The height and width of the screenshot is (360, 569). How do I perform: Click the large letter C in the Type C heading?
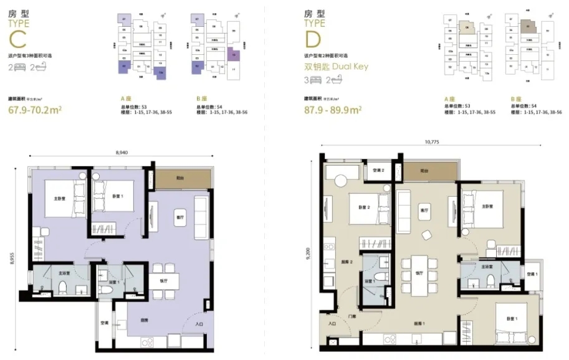[x=20, y=39]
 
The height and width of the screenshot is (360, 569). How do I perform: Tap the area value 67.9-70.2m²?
[x=37, y=111]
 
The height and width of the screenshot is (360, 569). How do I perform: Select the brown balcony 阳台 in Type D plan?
[x=424, y=169]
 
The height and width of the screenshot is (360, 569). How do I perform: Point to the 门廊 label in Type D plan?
[x=353, y=315]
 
